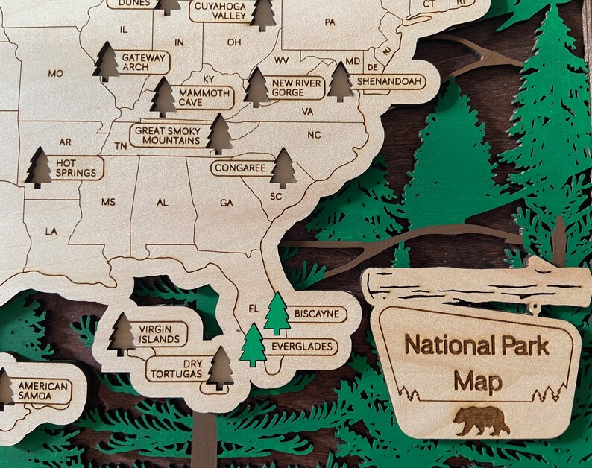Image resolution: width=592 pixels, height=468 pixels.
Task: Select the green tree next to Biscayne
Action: coord(277,314)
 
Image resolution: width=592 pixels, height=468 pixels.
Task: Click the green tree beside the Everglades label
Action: coord(254,344)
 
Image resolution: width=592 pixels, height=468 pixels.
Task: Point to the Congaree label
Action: coord(240,168)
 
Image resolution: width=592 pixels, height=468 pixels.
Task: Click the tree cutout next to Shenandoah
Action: coord(341,82)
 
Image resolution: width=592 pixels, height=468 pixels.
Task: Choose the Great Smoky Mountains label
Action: coord(167,135)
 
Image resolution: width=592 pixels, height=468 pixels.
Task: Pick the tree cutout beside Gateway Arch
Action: coord(107,62)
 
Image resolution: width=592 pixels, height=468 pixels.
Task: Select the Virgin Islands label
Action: coord(159,334)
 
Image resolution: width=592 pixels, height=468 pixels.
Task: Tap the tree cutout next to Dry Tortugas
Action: coord(220,368)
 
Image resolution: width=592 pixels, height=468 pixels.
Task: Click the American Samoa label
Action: coord(43,391)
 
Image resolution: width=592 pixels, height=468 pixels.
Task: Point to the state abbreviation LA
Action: coord(51,232)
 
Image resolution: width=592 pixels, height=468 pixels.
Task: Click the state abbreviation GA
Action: coord(226,203)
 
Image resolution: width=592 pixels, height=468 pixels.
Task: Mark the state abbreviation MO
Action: coord(55,73)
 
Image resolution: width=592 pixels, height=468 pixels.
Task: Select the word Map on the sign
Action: coord(477,382)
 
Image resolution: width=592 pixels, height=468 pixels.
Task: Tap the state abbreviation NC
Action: coord(313,135)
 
